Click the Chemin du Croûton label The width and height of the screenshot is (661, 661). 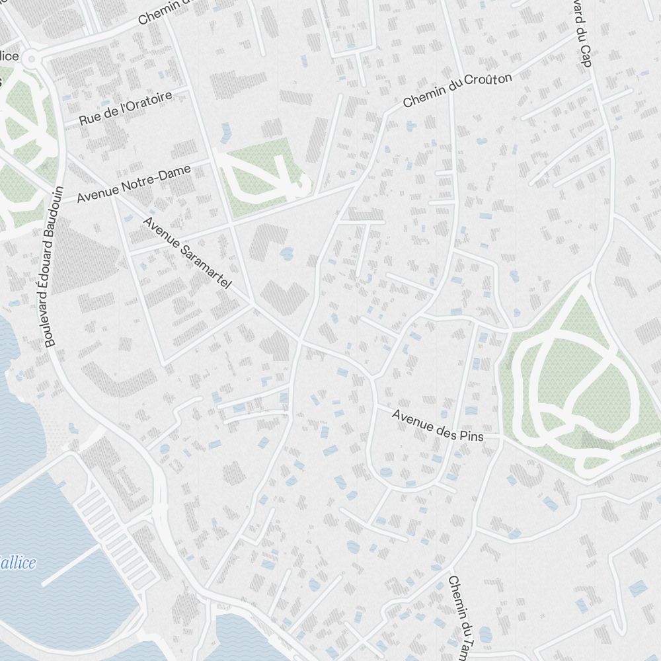tap(457, 91)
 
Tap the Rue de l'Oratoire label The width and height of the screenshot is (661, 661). tap(126, 109)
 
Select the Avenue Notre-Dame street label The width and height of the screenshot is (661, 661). tap(134, 184)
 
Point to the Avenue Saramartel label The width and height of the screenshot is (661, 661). tap(187, 253)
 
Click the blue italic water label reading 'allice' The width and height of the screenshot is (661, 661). tap(18, 563)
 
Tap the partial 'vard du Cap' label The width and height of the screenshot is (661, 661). tap(582, 33)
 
